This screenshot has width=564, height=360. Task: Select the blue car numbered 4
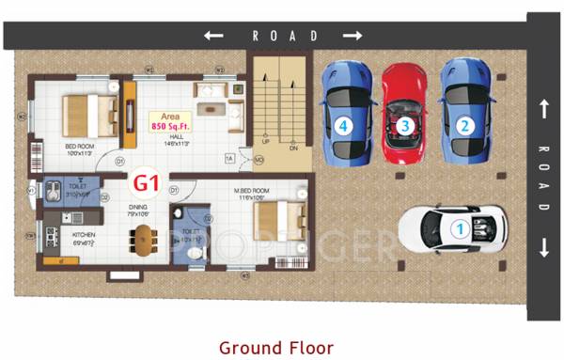pyautogui.click(x=345, y=111)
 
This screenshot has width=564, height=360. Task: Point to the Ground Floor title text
pyautogui.click(x=276, y=348)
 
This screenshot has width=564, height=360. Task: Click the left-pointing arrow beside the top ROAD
pyautogui.click(x=213, y=36)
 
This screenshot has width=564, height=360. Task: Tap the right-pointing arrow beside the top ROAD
pyautogui.click(x=352, y=36)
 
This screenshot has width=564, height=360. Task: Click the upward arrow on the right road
pyautogui.click(x=543, y=109)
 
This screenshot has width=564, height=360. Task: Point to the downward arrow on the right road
pyautogui.click(x=543, y=249)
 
